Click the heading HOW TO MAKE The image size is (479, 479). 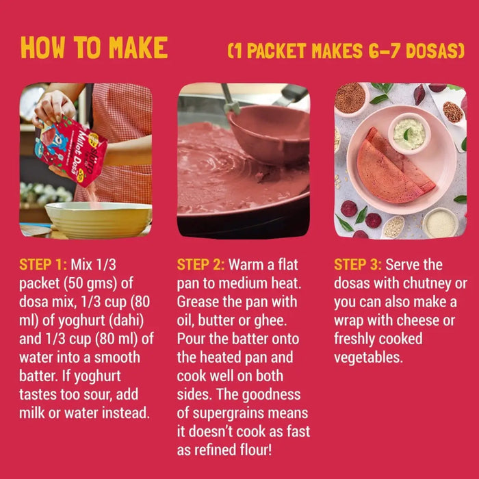[94, 47]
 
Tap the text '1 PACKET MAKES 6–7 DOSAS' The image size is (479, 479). [346, 51]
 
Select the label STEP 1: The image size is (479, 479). [42, 265]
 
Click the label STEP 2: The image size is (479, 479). [200, 265]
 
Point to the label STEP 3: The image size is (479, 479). [357, 265]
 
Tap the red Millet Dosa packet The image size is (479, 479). [73, 150]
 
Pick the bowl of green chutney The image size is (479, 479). [409, 133]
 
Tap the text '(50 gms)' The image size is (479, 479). [90, 283]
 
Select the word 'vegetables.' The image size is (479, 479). [368, 358]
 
